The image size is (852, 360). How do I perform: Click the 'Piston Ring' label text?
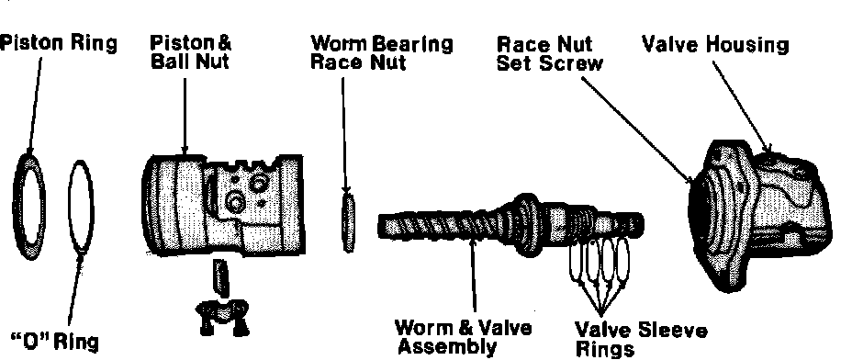58,44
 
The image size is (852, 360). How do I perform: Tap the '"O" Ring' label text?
55,342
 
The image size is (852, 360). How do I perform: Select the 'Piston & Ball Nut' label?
190,52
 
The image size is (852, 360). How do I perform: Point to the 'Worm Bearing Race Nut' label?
381,52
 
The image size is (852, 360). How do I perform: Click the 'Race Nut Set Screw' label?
550,53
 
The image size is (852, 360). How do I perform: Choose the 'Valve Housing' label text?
715,45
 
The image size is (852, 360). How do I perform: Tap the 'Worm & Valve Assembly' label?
464,337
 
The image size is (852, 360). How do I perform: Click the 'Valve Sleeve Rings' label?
641,339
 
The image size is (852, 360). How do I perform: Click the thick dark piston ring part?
17,207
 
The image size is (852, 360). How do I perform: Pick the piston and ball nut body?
223,205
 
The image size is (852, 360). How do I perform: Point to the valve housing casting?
761,215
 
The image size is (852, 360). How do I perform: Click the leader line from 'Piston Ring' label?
34,104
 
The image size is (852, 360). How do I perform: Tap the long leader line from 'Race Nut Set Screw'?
637,129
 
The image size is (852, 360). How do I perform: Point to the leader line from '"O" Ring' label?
75,289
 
